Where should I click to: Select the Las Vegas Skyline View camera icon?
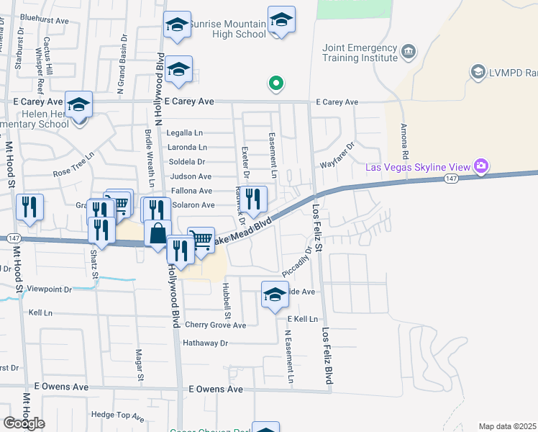[481, 167]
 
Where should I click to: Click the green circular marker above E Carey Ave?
[275, 84]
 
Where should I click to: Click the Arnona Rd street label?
[405, 140]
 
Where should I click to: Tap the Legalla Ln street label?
[185, 133]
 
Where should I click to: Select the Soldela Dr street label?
[186, 162]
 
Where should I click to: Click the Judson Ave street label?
[191, 176]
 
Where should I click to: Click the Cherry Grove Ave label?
[215, 325]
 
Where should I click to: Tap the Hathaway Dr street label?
[205, 343]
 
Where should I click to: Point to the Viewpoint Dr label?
[48, 289]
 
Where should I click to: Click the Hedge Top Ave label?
[118, 415]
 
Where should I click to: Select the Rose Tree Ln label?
[74, 165]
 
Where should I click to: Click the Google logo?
[24, 423]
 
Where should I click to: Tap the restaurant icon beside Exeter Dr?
[253, 197]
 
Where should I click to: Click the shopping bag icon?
[158, 233]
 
